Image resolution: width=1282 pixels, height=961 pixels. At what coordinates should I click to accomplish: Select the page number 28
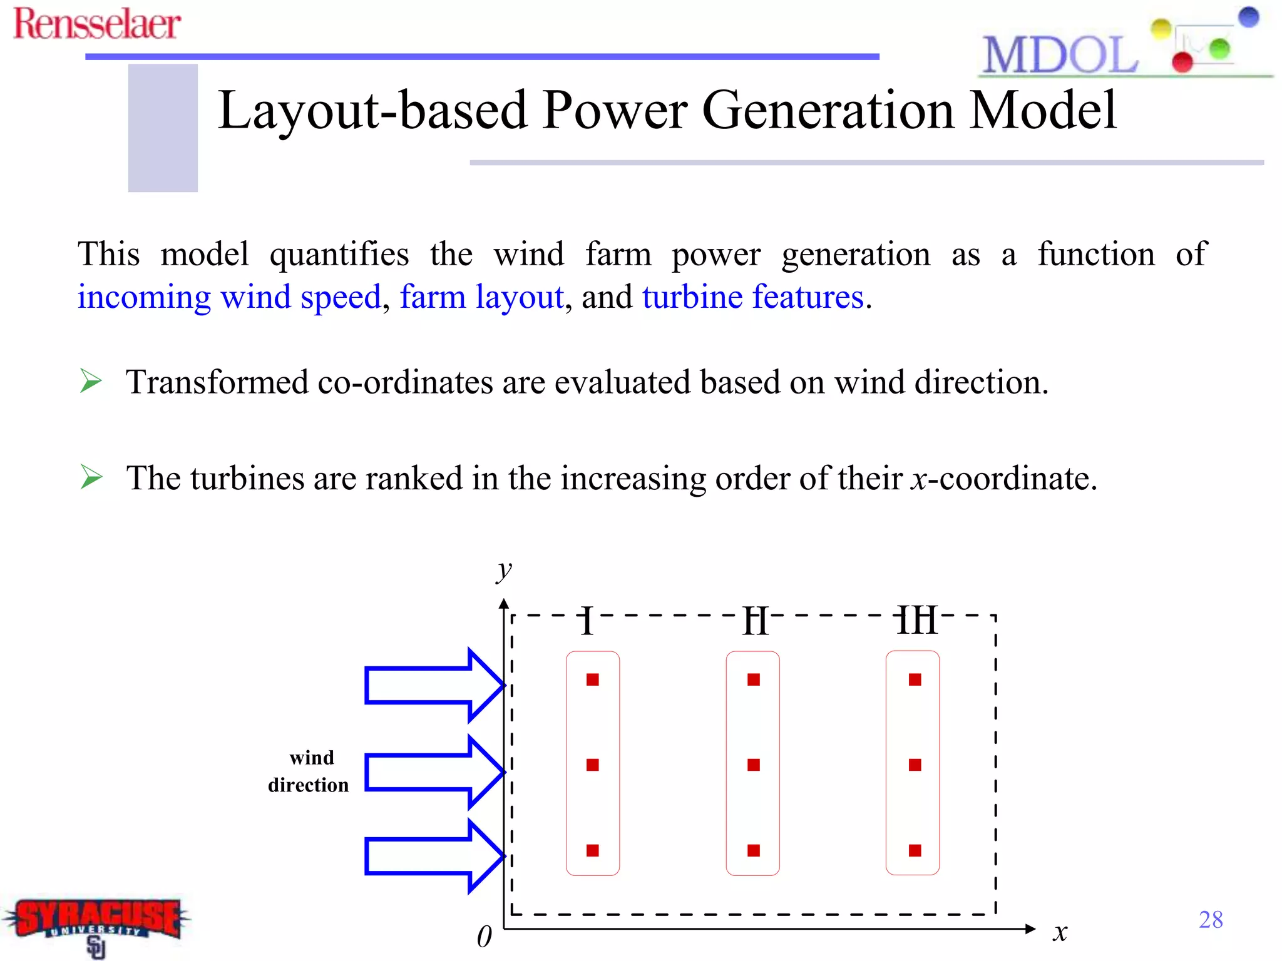(x=1210, y=919)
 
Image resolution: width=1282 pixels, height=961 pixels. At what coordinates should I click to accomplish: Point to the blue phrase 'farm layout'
(x=481, y=297)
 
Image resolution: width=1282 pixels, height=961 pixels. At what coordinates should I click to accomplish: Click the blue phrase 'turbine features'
(x=753, y=297)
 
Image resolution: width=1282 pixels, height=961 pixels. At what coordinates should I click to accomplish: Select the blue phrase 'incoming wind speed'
(x=229, y=297)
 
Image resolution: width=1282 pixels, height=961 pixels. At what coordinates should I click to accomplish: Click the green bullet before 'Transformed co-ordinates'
(x=91, y=381)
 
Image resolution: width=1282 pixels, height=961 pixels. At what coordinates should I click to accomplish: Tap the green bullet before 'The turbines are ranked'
(x=91, y=477)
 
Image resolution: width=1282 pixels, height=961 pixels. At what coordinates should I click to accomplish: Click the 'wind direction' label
(x=309, y=771)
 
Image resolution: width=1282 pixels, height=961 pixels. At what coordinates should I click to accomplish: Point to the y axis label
(x=503, y=569)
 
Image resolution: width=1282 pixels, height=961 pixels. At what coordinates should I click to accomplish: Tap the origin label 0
(x=484, y=937)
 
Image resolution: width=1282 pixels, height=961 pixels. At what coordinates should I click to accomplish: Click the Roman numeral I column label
(x=587, y=621)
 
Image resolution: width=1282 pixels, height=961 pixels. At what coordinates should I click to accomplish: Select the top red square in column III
(x=915, y=679)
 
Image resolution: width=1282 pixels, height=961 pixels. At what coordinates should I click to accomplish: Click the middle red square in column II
(x=754, y=765)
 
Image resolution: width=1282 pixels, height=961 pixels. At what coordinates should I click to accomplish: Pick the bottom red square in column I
(x=593, y=850)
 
